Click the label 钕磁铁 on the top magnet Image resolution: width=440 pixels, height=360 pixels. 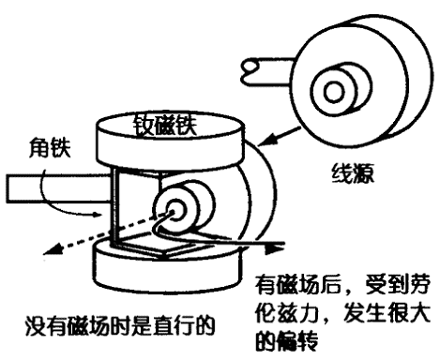point(165,126)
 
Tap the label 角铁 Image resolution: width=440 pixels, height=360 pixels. point(50,148)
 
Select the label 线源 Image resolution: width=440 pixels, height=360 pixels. point(353,173)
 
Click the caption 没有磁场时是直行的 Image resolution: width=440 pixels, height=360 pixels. point(120,326)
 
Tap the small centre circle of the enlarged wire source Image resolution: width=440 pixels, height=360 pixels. point(334,92)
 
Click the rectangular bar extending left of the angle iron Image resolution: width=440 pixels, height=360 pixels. point(58,188)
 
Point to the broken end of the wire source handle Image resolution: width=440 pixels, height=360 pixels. point(250,68)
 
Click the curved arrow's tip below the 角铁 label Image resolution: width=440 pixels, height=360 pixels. point(99,215)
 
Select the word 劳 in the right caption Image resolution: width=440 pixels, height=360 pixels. point(419,284)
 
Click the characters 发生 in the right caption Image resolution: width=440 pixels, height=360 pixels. point(365,312)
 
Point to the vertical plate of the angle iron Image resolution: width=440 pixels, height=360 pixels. point(114,208)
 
